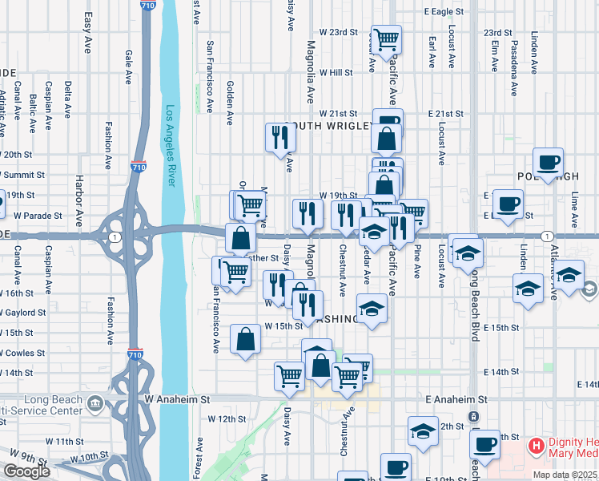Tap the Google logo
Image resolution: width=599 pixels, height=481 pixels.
[x=26, y=471]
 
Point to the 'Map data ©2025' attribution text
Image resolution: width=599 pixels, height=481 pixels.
[x=566, y=475]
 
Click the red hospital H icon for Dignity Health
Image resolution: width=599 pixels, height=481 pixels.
[x=536, y=444]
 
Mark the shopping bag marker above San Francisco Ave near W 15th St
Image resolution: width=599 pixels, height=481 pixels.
[x=245, y=338]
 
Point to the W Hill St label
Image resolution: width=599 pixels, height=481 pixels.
[x=336, y=72]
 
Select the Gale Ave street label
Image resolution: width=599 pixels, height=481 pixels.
[x=128, y=67]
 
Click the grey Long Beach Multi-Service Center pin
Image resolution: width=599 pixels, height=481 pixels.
[x=95, y=401]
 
